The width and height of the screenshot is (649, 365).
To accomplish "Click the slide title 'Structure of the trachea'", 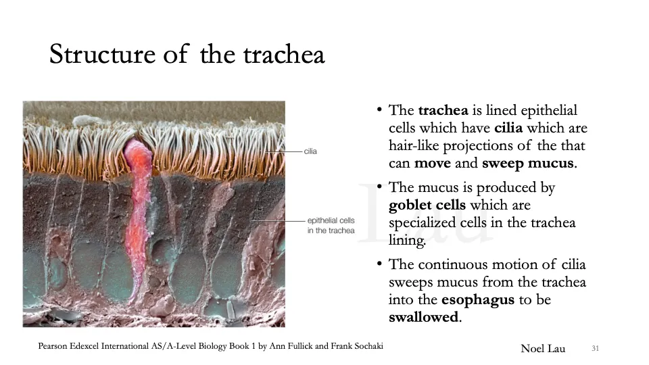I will (x=187, y=54).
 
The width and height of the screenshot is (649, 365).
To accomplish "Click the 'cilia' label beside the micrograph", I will (x=310, y=151).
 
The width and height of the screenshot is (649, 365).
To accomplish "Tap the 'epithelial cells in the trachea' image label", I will (x=331, y=226).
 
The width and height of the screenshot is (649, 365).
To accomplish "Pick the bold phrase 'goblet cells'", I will (x=427, y=205).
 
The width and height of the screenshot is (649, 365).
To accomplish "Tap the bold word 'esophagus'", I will (x=477, y=299).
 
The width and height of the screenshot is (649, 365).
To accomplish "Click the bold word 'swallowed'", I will (x=423, y=317).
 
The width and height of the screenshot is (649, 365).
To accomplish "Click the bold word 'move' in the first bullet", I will (x=433, y=163).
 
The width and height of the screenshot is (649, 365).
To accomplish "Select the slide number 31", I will (x=595, y=348).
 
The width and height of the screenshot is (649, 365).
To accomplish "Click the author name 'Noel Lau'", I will (x=543, y=348).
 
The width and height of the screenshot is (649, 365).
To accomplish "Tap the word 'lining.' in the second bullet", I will (x=407, y=240).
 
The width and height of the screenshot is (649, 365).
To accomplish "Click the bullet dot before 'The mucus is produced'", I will (x=380, y=187).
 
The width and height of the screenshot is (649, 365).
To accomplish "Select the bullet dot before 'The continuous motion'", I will (x=380, y=264).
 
